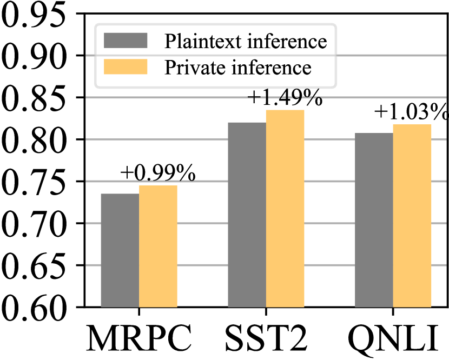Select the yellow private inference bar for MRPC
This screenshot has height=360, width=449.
point(158,246)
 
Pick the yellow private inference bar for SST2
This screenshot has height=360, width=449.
point(285,209)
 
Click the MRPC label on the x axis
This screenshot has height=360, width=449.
point(139,339)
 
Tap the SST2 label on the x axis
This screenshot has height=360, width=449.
point(266,339)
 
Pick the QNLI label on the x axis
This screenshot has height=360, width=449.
point(393,339)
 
